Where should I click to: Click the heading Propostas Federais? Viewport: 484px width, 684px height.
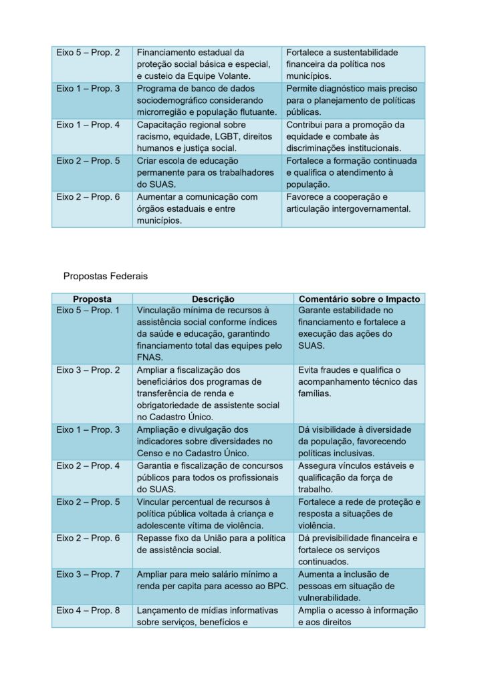coord(106,275)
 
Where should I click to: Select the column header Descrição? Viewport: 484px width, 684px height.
coord(213,299)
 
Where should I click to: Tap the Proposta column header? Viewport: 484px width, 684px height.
coord(92,299)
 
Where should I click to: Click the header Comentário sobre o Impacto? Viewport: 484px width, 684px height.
coord(359,299)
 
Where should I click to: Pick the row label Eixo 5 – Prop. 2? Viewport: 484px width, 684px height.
coord(88,52)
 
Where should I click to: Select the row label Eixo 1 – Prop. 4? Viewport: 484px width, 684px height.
coord(88,125)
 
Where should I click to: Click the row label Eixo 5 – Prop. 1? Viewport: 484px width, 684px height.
coord(88,311)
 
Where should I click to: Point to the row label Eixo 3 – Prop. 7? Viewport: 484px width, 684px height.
coord(88,574)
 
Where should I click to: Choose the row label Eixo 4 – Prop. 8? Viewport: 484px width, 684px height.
coord(88,611)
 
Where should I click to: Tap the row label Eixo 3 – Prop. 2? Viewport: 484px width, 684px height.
coord(88,369)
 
